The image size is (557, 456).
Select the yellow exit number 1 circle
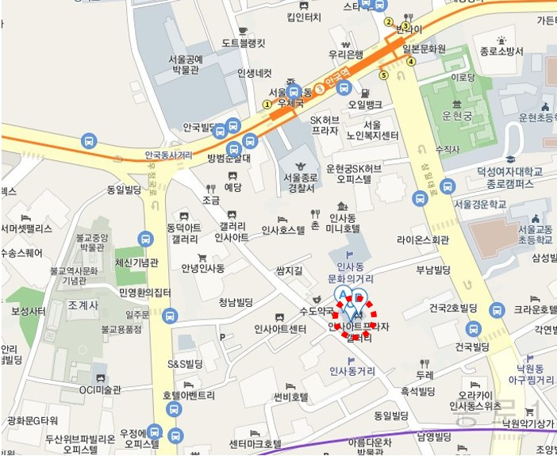(267, 104)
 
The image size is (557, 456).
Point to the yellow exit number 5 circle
(384, 76)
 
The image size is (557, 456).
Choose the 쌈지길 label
(290, 270)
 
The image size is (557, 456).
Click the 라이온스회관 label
(423, 239)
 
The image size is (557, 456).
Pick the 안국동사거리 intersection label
(170, 155)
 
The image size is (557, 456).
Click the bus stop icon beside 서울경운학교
(448, 187)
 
